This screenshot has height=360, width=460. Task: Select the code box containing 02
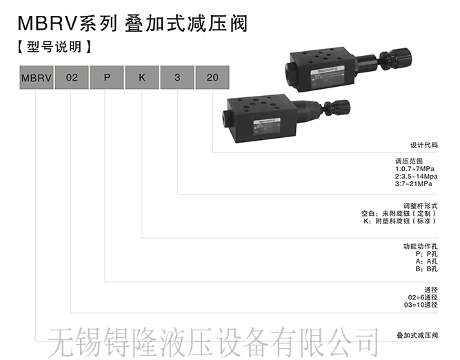tap(70, 77)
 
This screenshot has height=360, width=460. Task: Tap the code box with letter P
tap(106, 77)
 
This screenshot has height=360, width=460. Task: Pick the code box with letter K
tap(142, 77)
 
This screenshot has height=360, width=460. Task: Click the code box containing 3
tap(177, 77)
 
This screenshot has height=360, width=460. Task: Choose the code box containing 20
tap(212, 77)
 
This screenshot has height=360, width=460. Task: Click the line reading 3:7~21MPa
tap(414, 184)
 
